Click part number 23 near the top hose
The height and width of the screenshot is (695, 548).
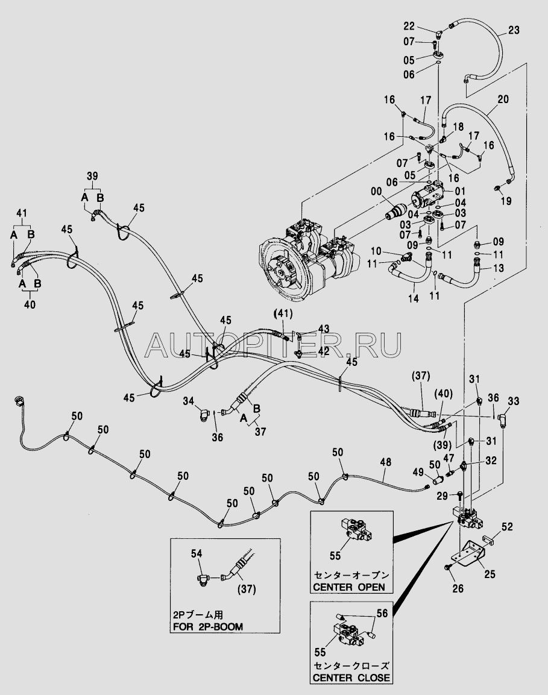pos(514,30)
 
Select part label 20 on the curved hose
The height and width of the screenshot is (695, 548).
pos(503,99)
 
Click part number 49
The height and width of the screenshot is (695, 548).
pos(418,471)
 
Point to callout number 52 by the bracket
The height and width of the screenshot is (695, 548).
pos(508,527)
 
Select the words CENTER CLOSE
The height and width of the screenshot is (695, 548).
pos(351,678)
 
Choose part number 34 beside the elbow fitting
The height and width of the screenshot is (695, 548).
pos(187,401)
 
